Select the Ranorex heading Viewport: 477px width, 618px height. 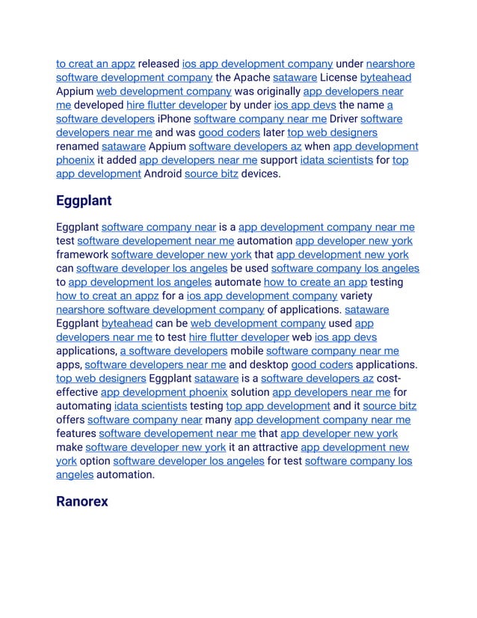pos(81,501)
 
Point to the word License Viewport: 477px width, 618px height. pos(335,78)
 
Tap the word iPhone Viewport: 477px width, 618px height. pos(174,119)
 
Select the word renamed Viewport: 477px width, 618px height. pos(77,147)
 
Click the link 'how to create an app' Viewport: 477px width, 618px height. pos(316,282)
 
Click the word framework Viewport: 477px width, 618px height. pos(81,255)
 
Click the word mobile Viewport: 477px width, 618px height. pos(247,351)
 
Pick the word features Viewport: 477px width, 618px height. pos(76,434)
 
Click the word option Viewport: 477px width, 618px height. pos(94,461)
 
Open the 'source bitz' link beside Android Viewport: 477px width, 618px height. pos(211,174)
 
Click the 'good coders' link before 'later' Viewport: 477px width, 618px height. pos(229,132)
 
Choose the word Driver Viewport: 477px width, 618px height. pos(343,119)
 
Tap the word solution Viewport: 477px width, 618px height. pos(250,392)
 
